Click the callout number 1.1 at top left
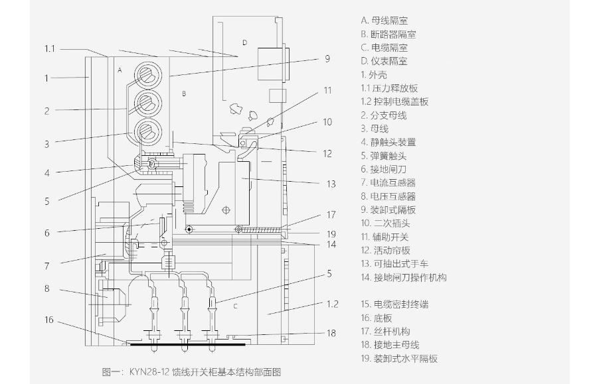[x=50, y=48]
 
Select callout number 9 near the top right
[x=327, y=59]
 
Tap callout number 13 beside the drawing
[x=331, y=184]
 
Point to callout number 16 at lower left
[x=48, y=320]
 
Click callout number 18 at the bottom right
[x=331, y=333]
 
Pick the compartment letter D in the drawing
[x=244, y=42]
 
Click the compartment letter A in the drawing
[x=120, y=70]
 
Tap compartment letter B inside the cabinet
[x=184, y=94]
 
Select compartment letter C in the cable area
[x=235, y=306]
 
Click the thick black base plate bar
[x=188, y=344]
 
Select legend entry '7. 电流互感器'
[x=389, y=182]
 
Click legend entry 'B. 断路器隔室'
[x=389, y=34]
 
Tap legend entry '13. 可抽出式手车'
[x=394, y=264]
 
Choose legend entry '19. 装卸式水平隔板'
[x=399, y=359]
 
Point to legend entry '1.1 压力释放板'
[x=389, y=88]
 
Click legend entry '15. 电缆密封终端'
[x=394, y=304]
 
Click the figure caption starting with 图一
[x=192, y=372]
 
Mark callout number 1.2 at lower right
[x=333, y=304]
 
